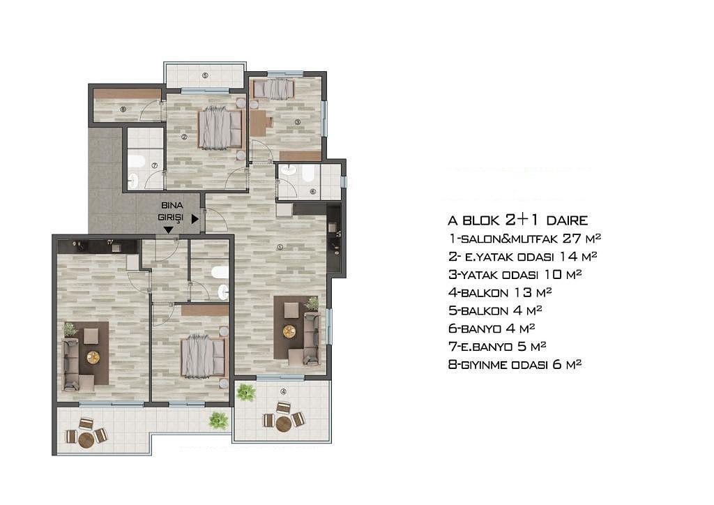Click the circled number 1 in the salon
280,247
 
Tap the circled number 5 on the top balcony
205,75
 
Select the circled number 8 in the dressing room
123,109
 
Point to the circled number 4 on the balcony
283,391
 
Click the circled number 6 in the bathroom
313,192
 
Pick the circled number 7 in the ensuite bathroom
154,166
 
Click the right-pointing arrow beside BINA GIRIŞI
195,219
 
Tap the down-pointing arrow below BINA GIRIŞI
169,230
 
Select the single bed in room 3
273,89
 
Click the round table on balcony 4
283,424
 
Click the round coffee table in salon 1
289,331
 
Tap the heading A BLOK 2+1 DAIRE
518,220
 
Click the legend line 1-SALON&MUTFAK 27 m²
524,238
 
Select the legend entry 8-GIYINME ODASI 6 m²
515,364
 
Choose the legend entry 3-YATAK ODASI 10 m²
515,275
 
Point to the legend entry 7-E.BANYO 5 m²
497,347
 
